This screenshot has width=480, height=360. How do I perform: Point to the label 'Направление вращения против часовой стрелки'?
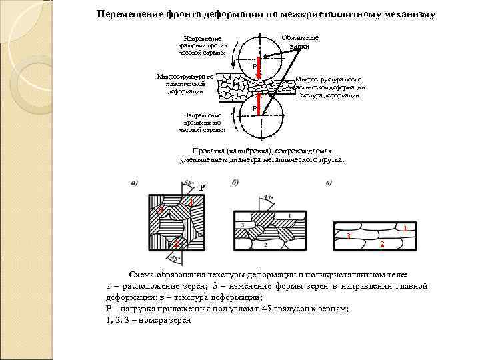(x=201, y=45)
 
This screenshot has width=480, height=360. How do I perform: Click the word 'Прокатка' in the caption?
(x=208, y=151)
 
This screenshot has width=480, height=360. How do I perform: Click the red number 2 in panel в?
(x=382, y=244)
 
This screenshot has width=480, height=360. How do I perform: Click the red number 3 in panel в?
(x=348, y=237)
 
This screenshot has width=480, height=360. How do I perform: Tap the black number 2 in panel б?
(x=265, y=246)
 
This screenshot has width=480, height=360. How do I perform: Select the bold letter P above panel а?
(x=202, y=188)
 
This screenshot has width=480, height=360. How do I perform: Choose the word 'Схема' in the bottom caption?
(x=141, y=275)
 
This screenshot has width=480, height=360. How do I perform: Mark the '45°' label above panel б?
(x=268, y=197)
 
